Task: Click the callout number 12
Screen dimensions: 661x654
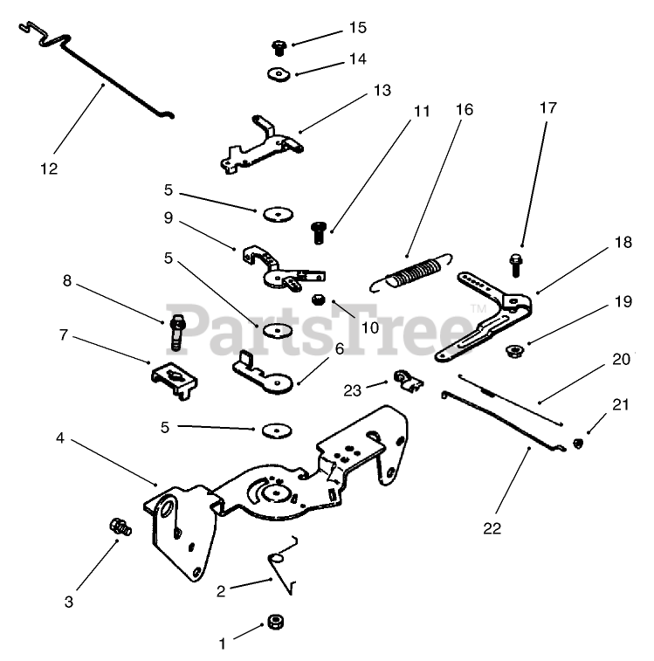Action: [x=49, y=169]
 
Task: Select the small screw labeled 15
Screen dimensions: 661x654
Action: [x=280, y=46]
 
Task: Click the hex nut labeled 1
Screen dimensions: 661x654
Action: [x=275, y=623]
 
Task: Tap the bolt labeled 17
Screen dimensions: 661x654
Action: [x=516, y=262]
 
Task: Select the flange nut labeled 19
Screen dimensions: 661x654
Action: [x=515, y=351]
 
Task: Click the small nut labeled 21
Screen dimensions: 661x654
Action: [x=577, y=444]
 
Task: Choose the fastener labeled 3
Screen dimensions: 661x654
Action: [x=119, y=526]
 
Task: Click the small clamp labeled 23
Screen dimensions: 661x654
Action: [x=405, y=379]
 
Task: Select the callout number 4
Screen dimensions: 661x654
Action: [x=60, y=437]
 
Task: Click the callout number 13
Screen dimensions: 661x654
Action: [x=382, y=90]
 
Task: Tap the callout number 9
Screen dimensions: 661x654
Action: [x=168, y=218]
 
